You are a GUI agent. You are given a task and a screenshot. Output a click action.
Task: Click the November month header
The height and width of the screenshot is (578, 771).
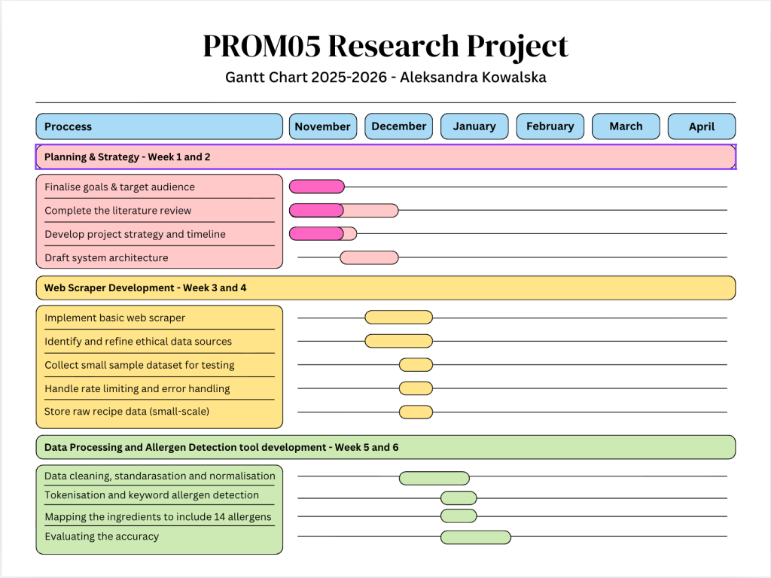coord(322,126)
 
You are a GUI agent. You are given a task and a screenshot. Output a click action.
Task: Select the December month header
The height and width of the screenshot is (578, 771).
coord(398,126)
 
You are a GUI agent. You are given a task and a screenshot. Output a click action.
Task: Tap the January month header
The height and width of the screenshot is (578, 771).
coord(474,126)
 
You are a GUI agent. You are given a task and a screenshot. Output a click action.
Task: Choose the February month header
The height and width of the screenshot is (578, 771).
coord(550,126)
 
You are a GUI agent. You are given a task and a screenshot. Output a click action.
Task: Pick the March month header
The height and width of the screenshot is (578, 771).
coord(626,126)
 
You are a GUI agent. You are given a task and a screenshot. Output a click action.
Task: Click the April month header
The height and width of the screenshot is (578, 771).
coord(701,126)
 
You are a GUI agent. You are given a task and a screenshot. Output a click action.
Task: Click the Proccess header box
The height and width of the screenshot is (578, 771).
coord(159,126)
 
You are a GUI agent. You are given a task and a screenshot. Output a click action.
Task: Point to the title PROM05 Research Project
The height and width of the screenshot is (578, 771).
coord(385,47)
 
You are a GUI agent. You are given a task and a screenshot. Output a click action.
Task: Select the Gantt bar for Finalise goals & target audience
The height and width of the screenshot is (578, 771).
coord(316,187)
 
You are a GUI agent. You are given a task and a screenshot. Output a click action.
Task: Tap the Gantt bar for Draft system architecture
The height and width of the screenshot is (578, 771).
coord(369,257)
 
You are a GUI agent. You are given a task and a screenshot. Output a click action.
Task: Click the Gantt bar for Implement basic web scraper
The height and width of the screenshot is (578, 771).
coord(398,318)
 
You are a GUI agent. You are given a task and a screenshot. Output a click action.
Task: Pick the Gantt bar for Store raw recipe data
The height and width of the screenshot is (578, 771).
coord(416,412)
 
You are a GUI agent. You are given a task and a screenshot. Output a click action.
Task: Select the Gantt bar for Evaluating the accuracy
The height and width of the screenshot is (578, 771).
coord(475,537)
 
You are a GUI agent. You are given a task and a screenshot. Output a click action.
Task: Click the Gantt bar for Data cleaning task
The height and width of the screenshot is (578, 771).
coord(434,478)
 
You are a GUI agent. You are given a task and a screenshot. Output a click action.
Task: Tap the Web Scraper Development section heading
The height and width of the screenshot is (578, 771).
coord(145,287)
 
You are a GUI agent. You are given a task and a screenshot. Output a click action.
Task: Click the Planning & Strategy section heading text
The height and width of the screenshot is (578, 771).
coord(127,157)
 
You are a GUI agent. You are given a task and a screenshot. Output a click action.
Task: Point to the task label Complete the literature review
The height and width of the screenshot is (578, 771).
coord(118,211)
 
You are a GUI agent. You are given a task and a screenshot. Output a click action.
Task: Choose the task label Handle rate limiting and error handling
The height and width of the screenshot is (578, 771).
coord(137,388)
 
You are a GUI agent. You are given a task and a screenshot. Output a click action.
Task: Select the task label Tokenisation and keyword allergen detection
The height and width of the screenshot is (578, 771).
coord(151,495)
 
